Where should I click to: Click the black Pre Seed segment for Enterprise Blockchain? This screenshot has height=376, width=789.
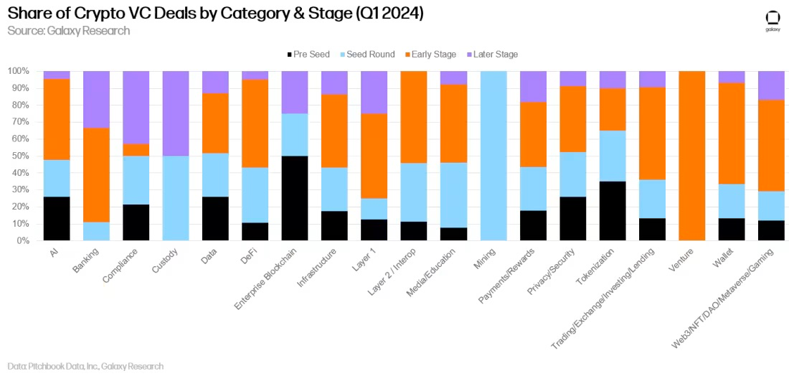[295, 198]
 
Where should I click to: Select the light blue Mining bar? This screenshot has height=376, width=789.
[493, 156]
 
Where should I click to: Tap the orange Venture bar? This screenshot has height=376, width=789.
[691, 156]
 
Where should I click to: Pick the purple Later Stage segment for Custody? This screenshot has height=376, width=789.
[176, 113]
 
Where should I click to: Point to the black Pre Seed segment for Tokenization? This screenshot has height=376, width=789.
[612, 210]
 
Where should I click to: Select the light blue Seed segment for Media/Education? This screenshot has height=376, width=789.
[453, 195]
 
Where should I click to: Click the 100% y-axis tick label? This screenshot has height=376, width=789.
[16, 71]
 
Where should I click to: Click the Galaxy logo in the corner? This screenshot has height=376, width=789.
[772, 20]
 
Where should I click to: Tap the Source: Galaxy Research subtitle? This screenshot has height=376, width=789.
[69, 31]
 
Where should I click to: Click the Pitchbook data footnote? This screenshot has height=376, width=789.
[85, 366]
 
